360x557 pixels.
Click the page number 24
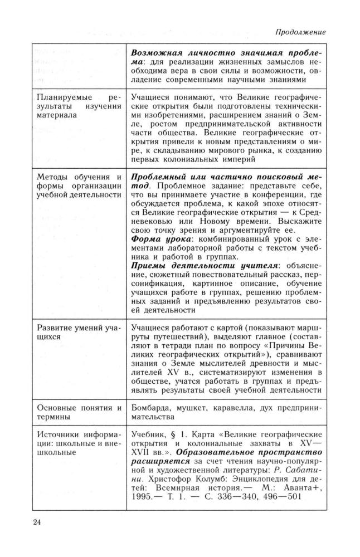[38, 522]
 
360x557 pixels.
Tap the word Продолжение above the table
[303, 33]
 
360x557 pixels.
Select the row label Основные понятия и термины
[77, 413]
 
